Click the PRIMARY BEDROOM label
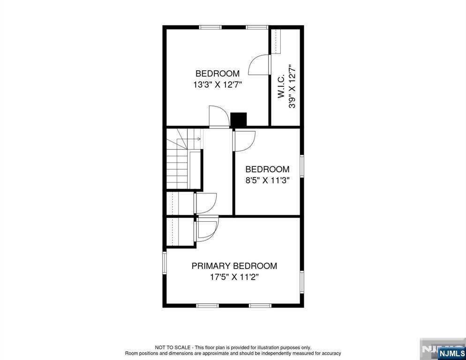click(x=234, y=266)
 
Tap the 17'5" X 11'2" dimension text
click(x=234, y=277)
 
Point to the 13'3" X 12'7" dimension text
click(x=218, y=85)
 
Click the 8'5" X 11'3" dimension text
click(x=267, y=180)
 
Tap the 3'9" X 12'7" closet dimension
click(x=293, y=86)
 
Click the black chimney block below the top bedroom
click(x=239, y=120)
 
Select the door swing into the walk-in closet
click(x=260, y=64)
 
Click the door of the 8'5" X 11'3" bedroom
click(x=244, y=141)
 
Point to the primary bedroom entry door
click(x=208, y=228)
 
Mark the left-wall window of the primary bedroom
click(x=165, y=262)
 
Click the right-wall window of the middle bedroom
click(x=302, y=166)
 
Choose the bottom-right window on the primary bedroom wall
click(x=260, y=306)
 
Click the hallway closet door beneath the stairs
click(x=206, y=202)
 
